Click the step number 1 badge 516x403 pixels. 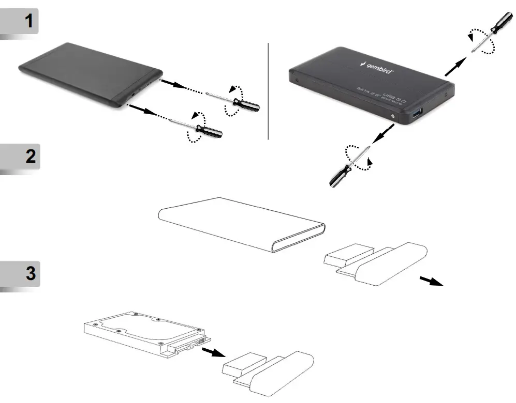tap(19, 23)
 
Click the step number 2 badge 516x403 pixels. tap(19, 158)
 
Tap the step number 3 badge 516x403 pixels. tap(19, 274)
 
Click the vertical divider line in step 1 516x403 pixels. tap(269, 90)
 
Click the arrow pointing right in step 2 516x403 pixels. tap(431, 281)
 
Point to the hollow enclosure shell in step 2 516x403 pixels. tap(238, 222)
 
